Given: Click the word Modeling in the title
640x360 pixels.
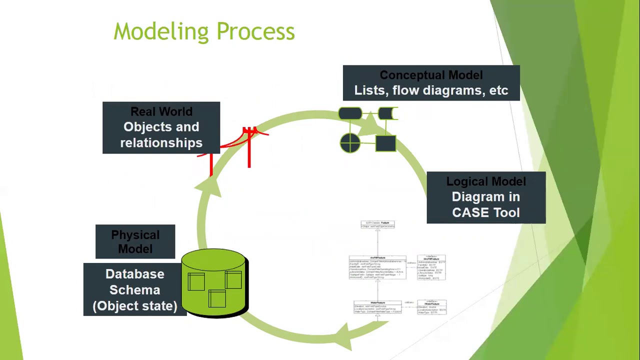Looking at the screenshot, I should click(160, 32).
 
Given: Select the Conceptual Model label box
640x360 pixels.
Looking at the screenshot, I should click(431, 83).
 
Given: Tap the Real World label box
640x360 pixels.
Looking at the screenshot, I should click(161, 127).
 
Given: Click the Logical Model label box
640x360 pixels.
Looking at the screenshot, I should click(486, 197).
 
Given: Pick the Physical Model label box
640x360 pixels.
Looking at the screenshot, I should click(135, 241).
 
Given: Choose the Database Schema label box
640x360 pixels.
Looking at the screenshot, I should click(134, 289).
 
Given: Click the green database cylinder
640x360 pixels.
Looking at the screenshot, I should click(214, 283).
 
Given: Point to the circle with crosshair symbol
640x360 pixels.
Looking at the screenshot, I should click(350, 143).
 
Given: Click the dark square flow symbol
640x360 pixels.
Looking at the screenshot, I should click(385, 143).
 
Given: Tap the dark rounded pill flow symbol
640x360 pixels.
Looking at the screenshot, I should click(350, 114).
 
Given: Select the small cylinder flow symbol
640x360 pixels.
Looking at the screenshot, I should click(387, 114).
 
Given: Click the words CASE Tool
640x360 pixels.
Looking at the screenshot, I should click(485, 212).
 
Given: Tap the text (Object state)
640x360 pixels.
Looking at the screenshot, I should click(134, 306).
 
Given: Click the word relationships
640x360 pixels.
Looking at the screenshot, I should click(161, 143).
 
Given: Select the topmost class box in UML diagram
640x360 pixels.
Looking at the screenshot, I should click(378, 224).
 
